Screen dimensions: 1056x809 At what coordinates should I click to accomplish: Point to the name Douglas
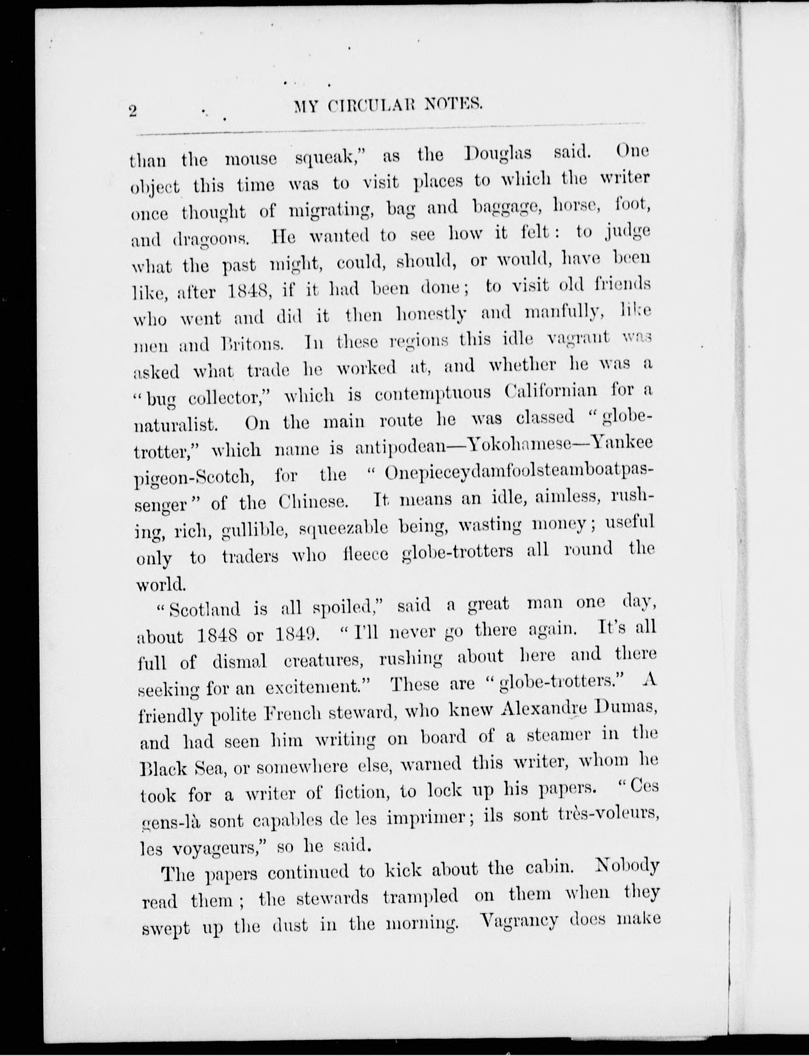pos(498,154)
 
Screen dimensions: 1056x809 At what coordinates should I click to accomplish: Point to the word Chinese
pos(313,502)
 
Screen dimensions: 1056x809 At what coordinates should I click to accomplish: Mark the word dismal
pos(240,662)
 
